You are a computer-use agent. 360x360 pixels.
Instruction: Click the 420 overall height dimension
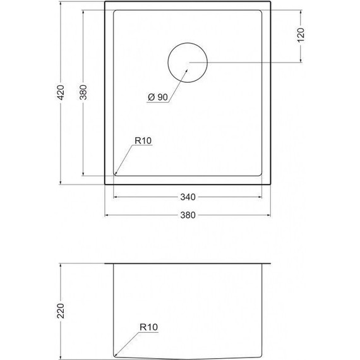click(x=61, y=92)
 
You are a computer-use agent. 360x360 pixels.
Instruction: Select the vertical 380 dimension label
click(x=83, y=92)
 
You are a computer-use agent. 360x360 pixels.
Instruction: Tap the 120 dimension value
click(x=301, y=35)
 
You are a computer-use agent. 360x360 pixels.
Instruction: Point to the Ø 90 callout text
click(x=158, y=97)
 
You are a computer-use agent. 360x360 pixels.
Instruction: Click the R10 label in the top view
click(x=143, y=140)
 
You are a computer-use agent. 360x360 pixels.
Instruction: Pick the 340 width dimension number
click(x=188, y=197)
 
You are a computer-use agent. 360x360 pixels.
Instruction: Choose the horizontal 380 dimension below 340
click(x=188, y=215)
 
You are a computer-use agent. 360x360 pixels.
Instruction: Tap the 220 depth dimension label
click(x=61, y=311)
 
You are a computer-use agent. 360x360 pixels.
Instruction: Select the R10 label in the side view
click(x=149, y=327)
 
